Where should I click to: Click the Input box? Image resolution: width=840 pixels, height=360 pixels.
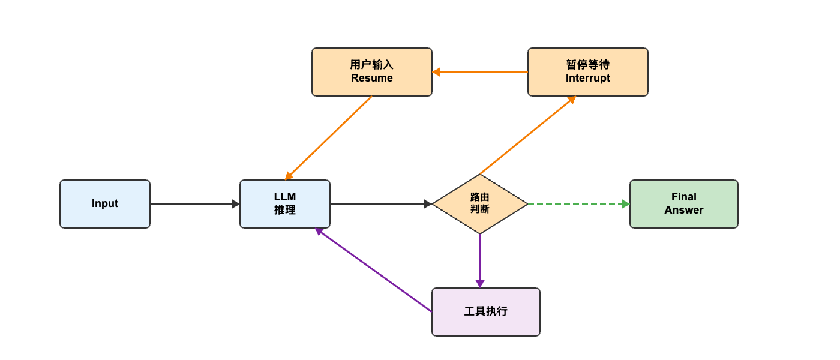(x=105, y=204)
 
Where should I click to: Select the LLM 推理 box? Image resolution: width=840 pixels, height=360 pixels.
(x=285, y=204)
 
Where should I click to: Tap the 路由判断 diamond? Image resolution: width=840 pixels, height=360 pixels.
(x=480, y=204)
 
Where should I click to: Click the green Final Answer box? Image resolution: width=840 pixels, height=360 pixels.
(x=683, y=204)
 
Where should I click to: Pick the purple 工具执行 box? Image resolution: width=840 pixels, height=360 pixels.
(x=486, y=312)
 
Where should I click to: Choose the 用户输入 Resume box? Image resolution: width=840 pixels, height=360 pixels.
(x=372, y=72)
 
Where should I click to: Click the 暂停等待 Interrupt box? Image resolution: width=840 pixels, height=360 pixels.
(x=588, y=72)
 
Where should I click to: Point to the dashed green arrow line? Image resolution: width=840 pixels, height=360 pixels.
(x=576, y=204)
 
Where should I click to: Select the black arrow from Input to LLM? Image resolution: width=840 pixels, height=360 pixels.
(x=192, y=204)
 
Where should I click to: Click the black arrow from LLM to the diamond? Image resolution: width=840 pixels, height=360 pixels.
(x=378, y=204)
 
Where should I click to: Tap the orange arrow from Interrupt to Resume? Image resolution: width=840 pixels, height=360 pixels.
(x=480, y=72)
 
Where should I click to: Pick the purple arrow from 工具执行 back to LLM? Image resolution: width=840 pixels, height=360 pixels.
(x=373, y=270)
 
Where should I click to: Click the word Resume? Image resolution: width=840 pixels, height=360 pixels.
(x=372, y=78)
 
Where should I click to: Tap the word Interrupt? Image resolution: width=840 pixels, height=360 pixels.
(x=588, y=78)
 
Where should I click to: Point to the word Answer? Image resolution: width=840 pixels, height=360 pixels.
(x=683, y=210)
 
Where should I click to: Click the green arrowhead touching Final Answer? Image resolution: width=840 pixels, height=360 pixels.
(x=626, y=204)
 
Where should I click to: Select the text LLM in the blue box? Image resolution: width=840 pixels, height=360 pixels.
(x=285, y=197)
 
